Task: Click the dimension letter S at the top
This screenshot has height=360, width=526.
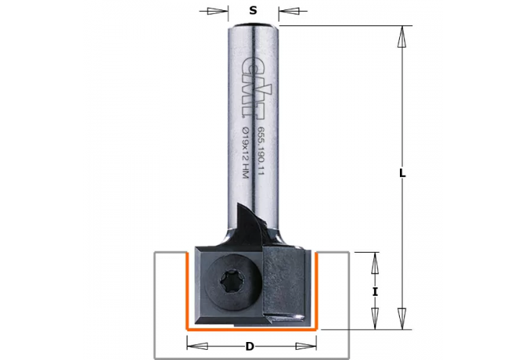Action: (x=253, y=10)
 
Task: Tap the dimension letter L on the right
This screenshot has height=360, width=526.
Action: (x=402, y=174)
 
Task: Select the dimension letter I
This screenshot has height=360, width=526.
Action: (x=375, y=292)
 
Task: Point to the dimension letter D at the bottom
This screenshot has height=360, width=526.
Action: (x=249, y=346)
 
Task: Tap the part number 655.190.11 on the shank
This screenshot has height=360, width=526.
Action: (x=261, y=151)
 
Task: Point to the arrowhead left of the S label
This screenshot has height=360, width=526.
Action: (x=218, y=11)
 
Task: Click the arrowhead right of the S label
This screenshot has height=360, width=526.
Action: (x=289, y=11)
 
